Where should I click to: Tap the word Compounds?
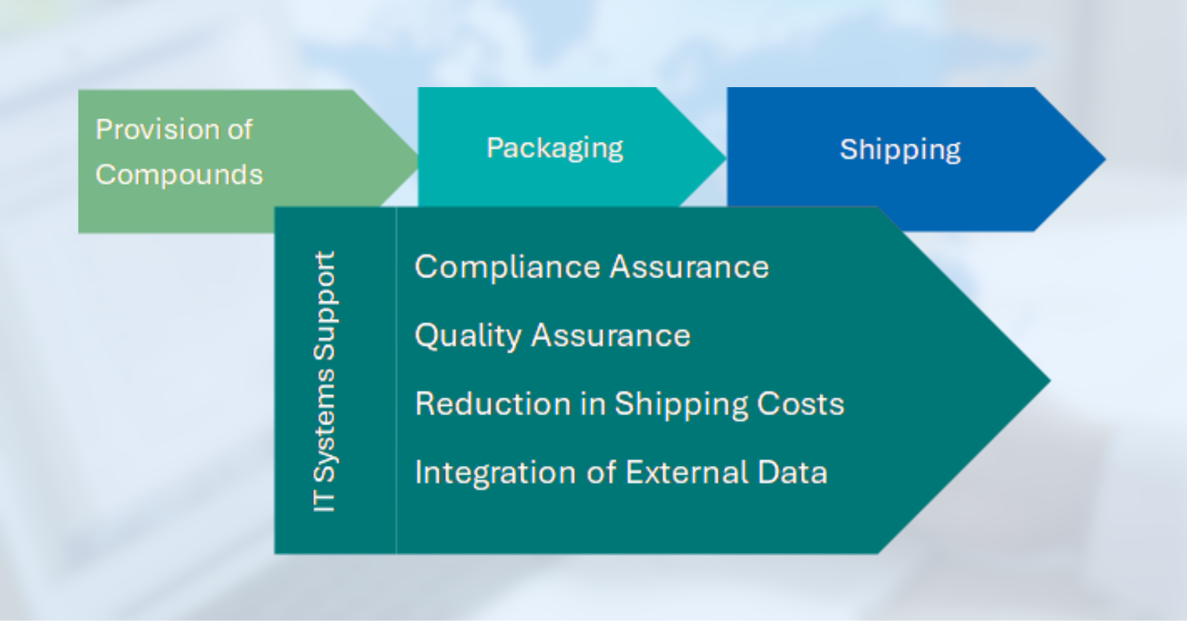coord(179,175)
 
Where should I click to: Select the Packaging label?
coord(555,148)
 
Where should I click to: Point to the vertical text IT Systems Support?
coord(324,381)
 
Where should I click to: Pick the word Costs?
coord(801,404)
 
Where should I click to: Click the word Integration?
coord(496,473)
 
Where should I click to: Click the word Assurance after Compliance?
coord(689,267)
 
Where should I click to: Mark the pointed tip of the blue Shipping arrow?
coord(1105,159)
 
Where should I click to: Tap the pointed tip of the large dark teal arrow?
coord(1050,380)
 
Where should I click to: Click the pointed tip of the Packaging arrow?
coord(726,158)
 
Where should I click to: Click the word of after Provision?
coord(240,129)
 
